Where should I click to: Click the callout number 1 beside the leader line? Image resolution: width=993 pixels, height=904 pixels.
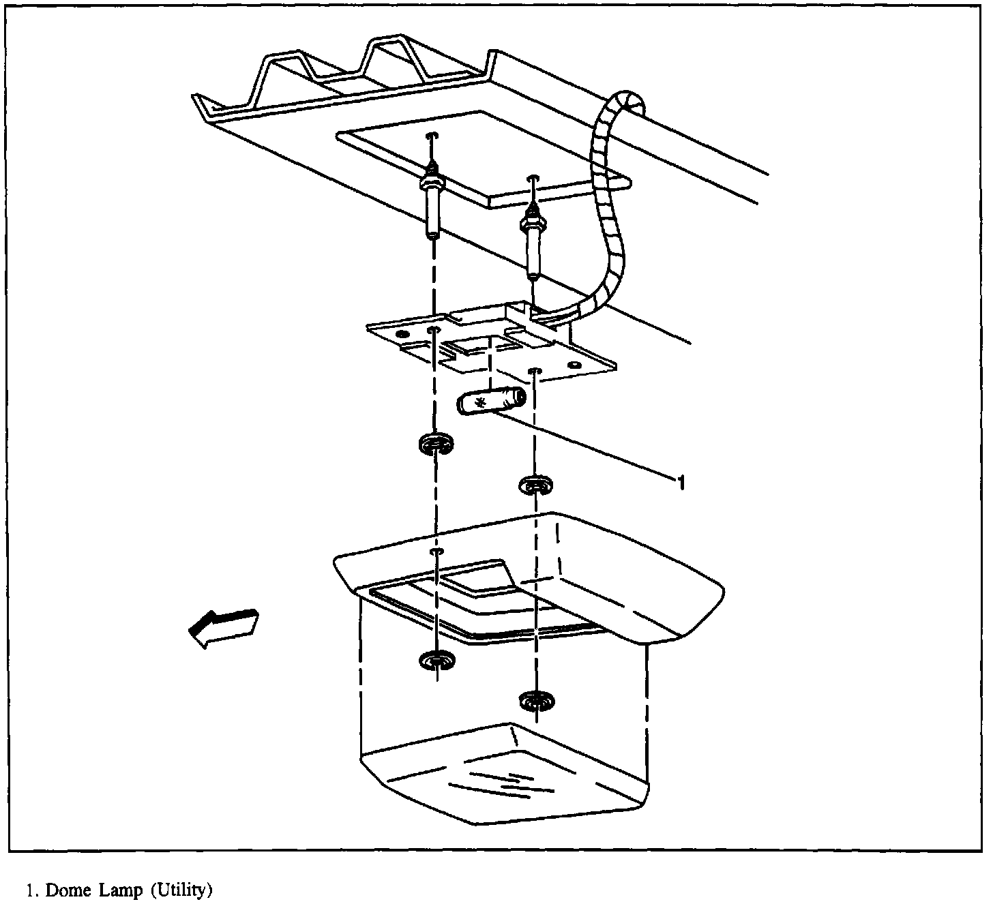point(679,483)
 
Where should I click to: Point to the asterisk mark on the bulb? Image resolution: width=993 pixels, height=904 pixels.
point(481,403)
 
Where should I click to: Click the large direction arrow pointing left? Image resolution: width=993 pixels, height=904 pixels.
point(222,627)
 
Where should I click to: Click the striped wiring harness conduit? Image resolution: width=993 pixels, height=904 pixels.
point(608,205)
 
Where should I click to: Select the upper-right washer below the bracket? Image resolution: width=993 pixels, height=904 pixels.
point(535,485)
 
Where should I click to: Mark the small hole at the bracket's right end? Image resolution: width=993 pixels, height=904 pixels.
point(576,366)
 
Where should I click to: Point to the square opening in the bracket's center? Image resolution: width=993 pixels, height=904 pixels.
point(477,346)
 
